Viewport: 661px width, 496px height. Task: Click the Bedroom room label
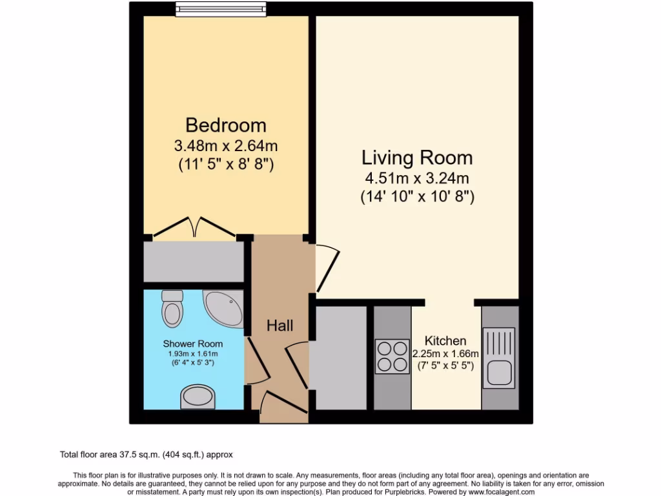point(226,125)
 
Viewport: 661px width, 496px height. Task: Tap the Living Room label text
point(417,158)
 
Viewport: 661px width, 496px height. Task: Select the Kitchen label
point(445,341)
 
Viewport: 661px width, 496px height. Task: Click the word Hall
point(280,325)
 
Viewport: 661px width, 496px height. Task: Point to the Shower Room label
point(192,344)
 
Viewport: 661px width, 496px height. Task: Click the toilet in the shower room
point(172,309)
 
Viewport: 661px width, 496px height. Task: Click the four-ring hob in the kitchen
point(392,356)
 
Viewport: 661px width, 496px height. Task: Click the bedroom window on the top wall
point(220,9)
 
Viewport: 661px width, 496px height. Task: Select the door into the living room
point(325,266)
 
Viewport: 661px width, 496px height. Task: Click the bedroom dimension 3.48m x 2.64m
point(226,146)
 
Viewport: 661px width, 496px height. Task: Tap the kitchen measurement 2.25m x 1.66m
point(445,354)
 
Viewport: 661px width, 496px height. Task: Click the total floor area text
point(150,455)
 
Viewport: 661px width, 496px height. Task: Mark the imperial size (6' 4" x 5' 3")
point(192,363)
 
